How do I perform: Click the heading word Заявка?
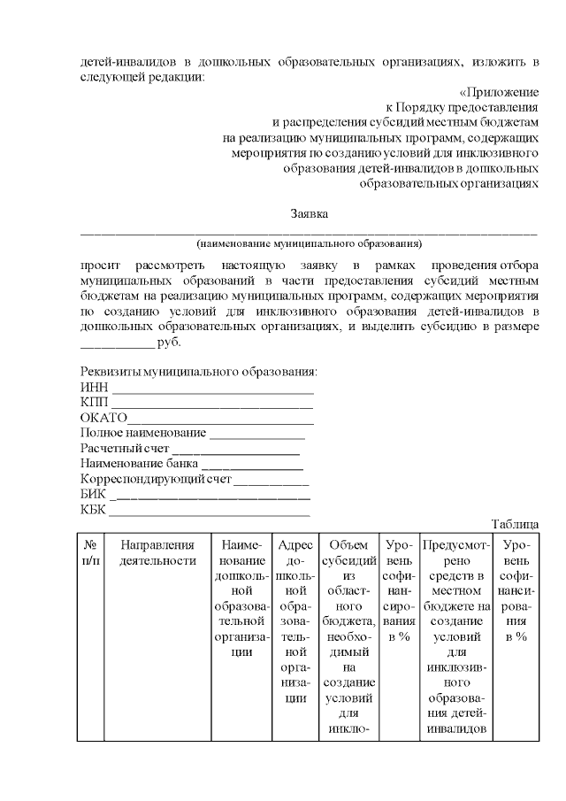310,214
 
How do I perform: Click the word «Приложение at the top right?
499,91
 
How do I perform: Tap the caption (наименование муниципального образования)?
309,243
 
